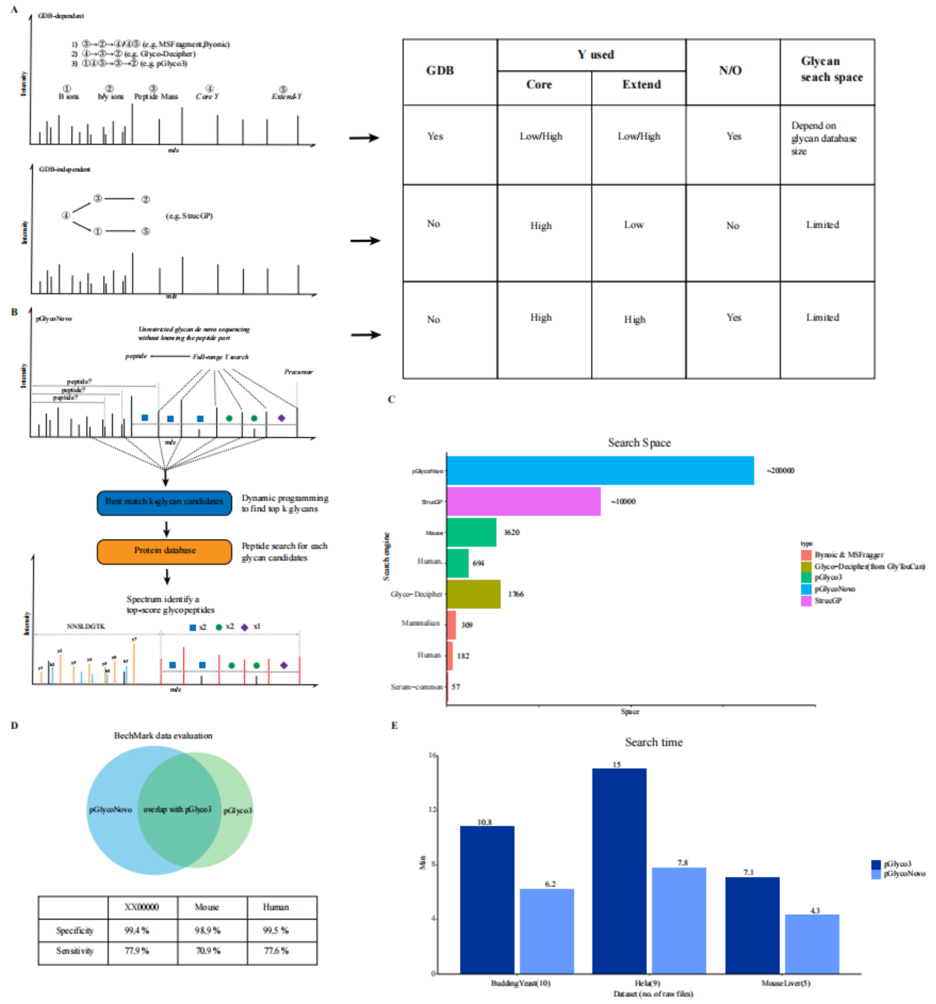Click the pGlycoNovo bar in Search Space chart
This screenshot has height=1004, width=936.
point(600,470)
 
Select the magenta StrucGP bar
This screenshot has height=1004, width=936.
point(523,501)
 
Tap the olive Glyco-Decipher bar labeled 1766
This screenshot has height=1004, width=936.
point(474,594)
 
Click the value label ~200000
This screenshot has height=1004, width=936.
point(780,470)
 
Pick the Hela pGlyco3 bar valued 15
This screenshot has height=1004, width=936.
point(619,870)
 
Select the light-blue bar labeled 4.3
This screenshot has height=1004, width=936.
point(812,944)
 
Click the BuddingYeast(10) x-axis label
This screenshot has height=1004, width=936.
point(521,983)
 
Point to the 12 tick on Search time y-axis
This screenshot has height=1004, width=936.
point(432,809)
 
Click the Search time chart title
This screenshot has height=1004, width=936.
point(653,742)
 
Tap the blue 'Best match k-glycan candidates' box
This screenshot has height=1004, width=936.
point(164,502)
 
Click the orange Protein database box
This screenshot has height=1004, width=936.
point(164,551)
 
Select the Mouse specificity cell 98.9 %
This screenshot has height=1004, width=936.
point(208,930)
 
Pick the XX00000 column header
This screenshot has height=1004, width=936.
point(141,907)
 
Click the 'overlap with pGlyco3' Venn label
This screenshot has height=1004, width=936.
point(178,809)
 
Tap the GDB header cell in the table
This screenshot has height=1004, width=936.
point(440,70)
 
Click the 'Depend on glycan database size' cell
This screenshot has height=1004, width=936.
point(824,138)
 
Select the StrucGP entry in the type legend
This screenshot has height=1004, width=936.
point(827,600)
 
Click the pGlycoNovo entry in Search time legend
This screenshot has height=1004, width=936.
point(903,874)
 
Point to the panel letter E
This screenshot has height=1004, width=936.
point(394,725)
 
